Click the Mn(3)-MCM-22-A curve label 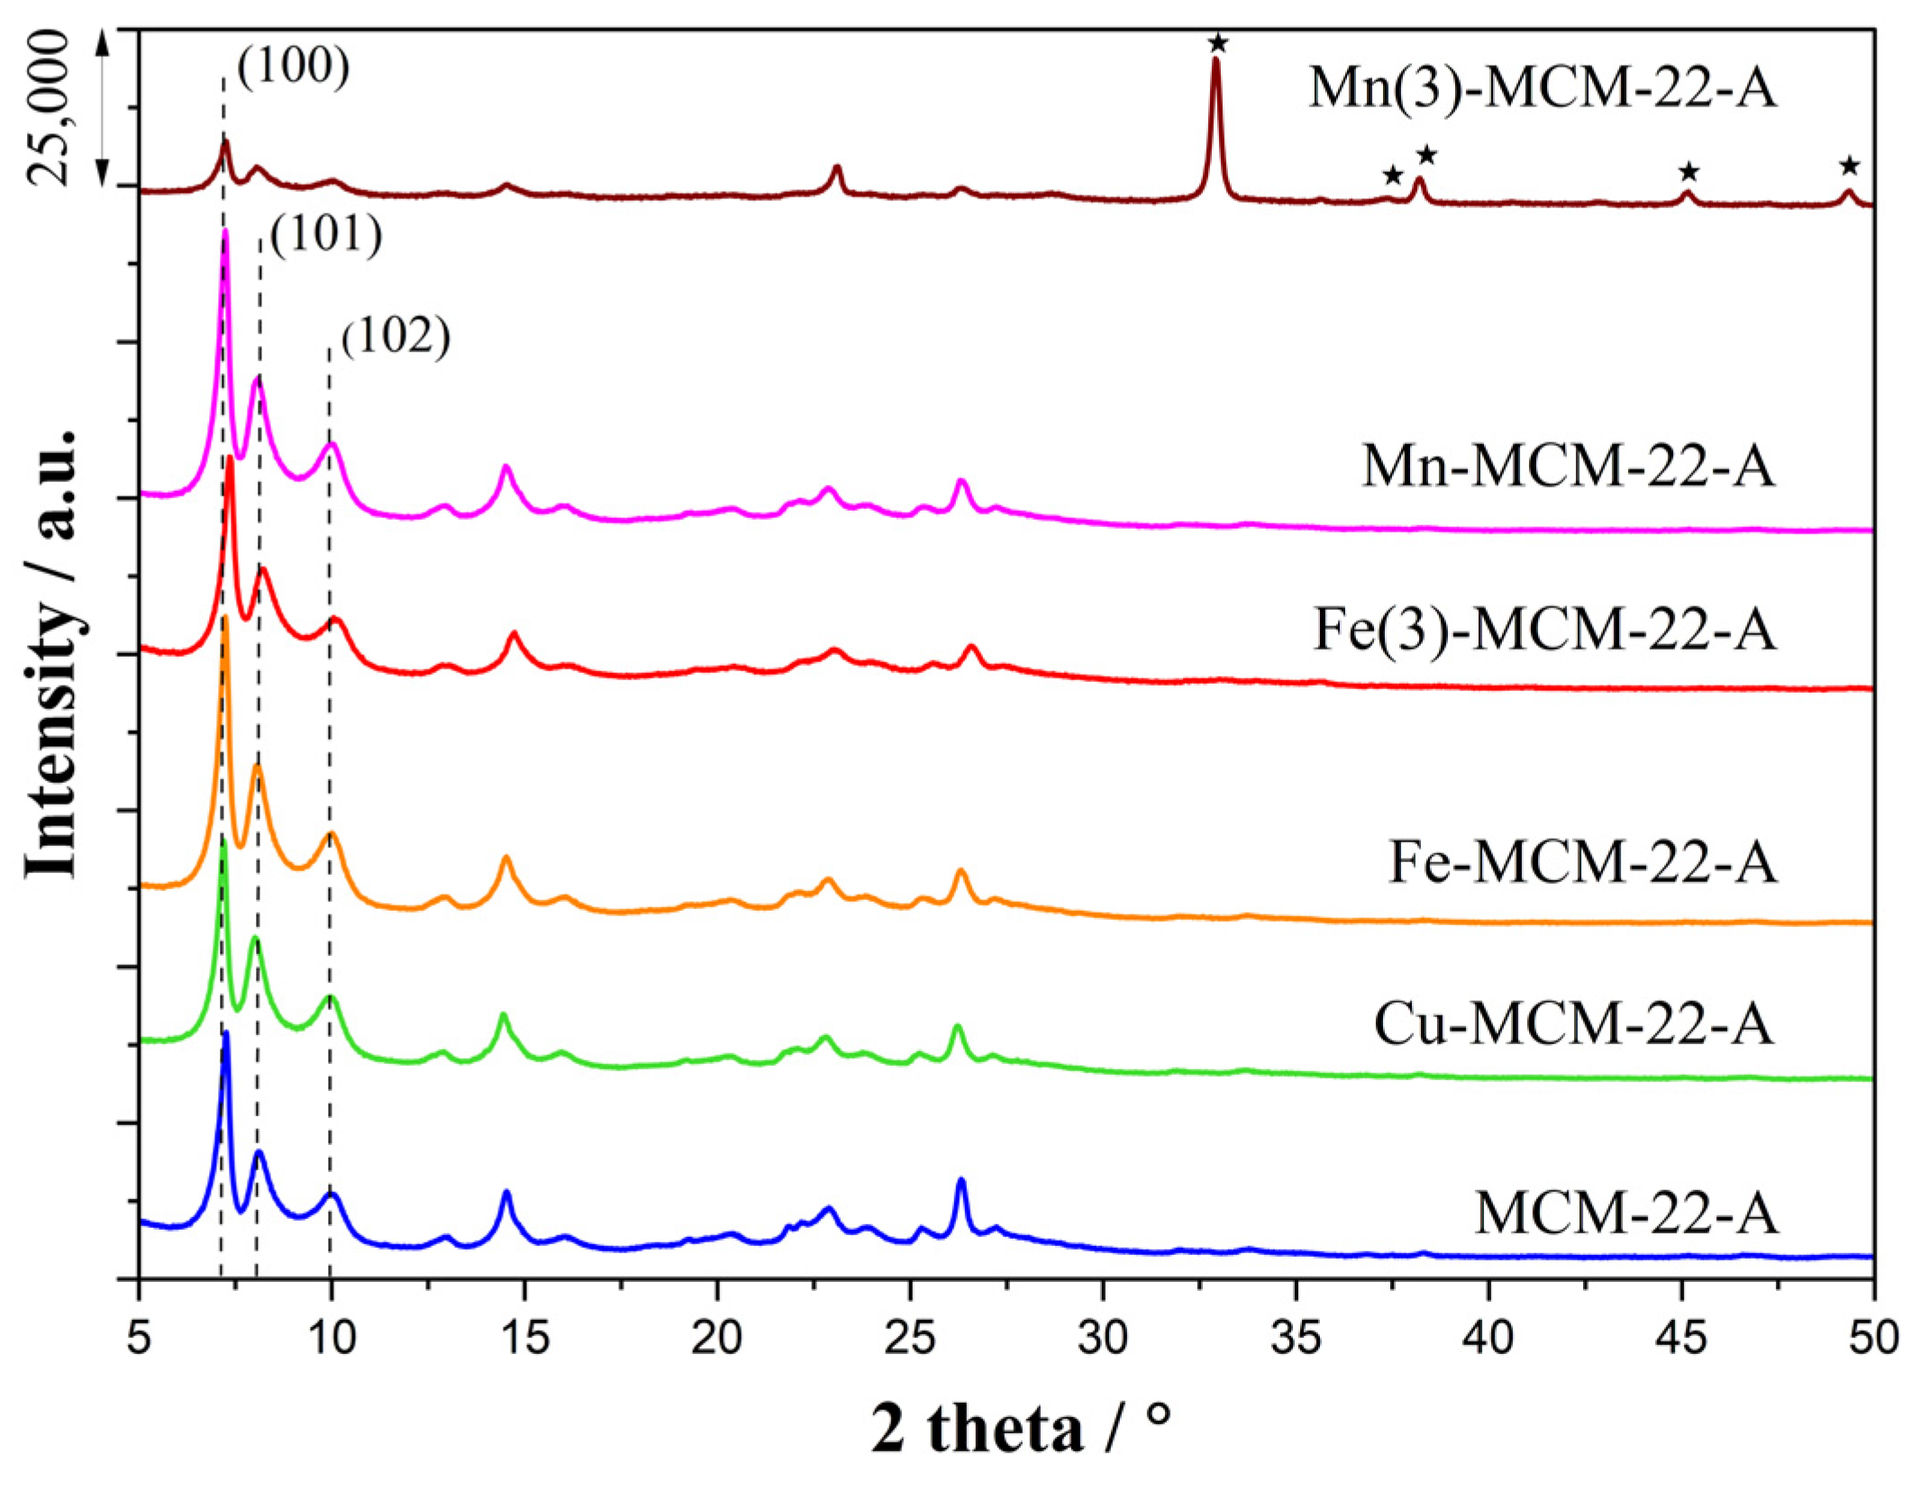click(1542, 88)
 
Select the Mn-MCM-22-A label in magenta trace click(1568, 467)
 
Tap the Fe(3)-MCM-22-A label click(1544, 629)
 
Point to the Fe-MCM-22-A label click(1583, 862)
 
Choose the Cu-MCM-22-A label click(1573, 1025)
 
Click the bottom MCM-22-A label click(1626, 1213)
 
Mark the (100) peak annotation click(293, 66)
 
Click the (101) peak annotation click(326, 233)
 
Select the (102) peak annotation click(396, 336)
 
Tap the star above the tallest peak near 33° click(1217, 42)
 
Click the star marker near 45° click(1688, 171)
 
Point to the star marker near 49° click(1849, 166)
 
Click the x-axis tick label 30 click(1103, 1338)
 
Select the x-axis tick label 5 click(139, 1338)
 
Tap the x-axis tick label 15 click(524, 1338)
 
